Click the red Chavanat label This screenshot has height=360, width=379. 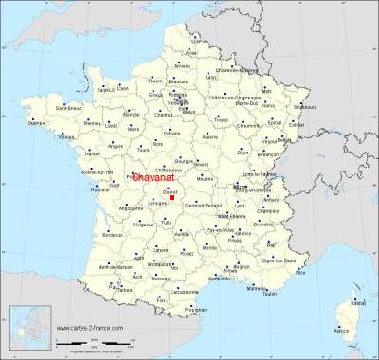point(151,177)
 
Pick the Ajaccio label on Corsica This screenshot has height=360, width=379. point(342,330)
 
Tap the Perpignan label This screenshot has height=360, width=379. point(195,310)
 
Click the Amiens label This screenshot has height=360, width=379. point(182,65)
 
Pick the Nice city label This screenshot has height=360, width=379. point(301,271)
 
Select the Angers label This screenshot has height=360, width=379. point(116,146)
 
